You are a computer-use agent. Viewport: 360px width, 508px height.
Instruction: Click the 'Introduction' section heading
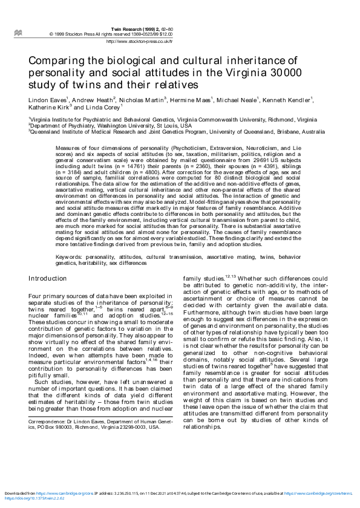click(x=48, y=278)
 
